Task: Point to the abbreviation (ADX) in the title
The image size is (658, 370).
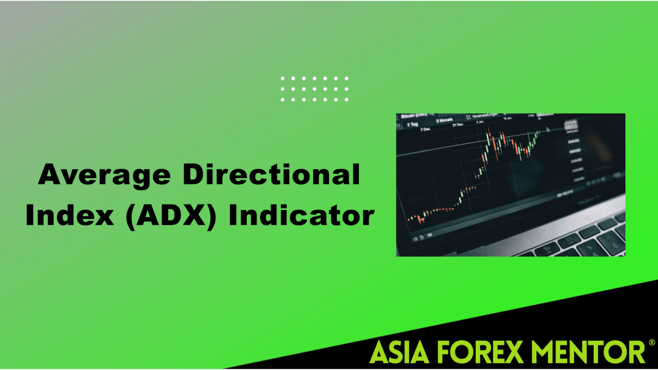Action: click(171, 215)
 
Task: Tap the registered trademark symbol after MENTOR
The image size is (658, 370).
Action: click(652, 343)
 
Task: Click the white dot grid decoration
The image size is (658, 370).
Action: click(314, 89)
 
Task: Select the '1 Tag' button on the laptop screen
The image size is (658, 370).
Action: click(413, 125)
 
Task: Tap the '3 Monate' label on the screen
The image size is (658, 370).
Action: click(444, 120)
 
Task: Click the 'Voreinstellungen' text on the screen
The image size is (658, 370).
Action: click(485, 116)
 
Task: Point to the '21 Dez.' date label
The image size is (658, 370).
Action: click(458, 125)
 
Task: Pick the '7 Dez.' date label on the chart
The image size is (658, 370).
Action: click(425, 129)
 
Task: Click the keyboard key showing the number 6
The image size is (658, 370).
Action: click(615, 245)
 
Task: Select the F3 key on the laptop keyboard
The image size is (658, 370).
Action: click(547, 248)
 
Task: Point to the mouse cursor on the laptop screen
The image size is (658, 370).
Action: click(548, 129)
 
